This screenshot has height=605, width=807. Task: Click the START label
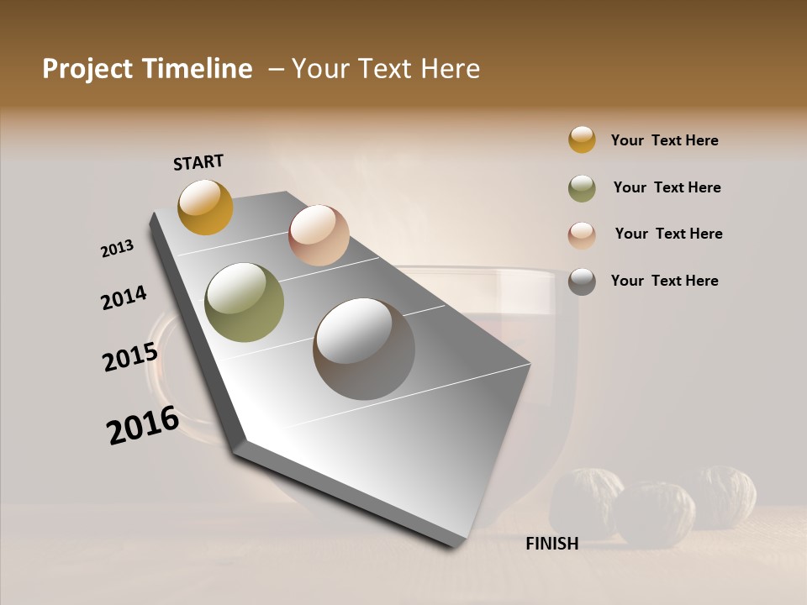198,162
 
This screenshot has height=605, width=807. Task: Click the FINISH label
551,544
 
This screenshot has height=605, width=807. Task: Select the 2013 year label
118,249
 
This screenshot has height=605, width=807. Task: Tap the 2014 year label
124,298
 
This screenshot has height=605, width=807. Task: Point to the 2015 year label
130,357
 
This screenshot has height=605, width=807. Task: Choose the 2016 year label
143,425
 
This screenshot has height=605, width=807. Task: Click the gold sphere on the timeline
205,207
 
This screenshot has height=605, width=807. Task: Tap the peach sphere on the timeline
319,235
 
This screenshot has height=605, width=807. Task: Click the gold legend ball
582,139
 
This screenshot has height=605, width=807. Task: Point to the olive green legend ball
582,188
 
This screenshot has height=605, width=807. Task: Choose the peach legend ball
582,235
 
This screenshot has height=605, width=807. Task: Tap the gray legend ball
582,281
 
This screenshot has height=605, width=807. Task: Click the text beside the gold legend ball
664,140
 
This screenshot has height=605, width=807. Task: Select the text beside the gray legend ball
664,281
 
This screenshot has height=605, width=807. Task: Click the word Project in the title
88,69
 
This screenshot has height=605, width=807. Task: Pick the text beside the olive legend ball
667,187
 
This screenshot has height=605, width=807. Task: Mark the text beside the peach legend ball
668,234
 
